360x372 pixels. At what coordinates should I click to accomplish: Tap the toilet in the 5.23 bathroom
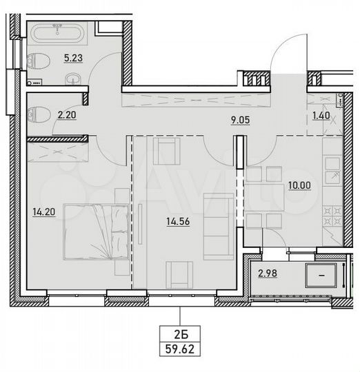pos(39,61)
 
